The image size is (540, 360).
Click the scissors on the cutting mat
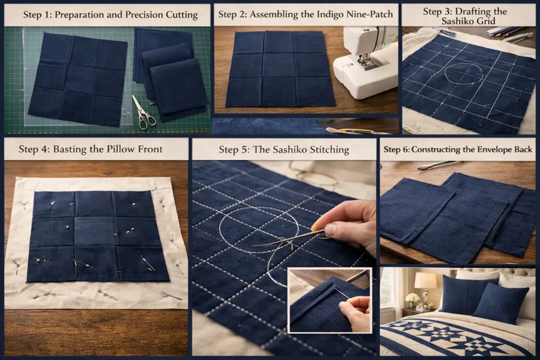(x=143, y=112)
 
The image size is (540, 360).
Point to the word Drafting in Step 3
(x=483, y=12)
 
